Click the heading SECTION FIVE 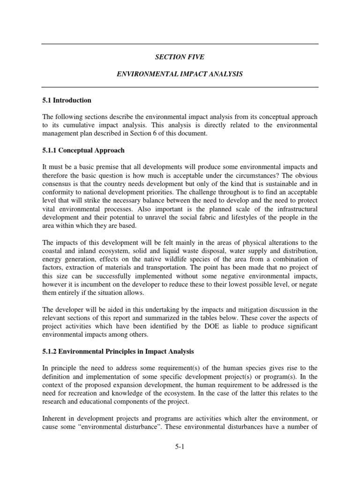180,57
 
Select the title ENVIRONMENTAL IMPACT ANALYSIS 180,75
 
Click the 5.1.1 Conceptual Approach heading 83,150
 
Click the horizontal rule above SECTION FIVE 180,44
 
